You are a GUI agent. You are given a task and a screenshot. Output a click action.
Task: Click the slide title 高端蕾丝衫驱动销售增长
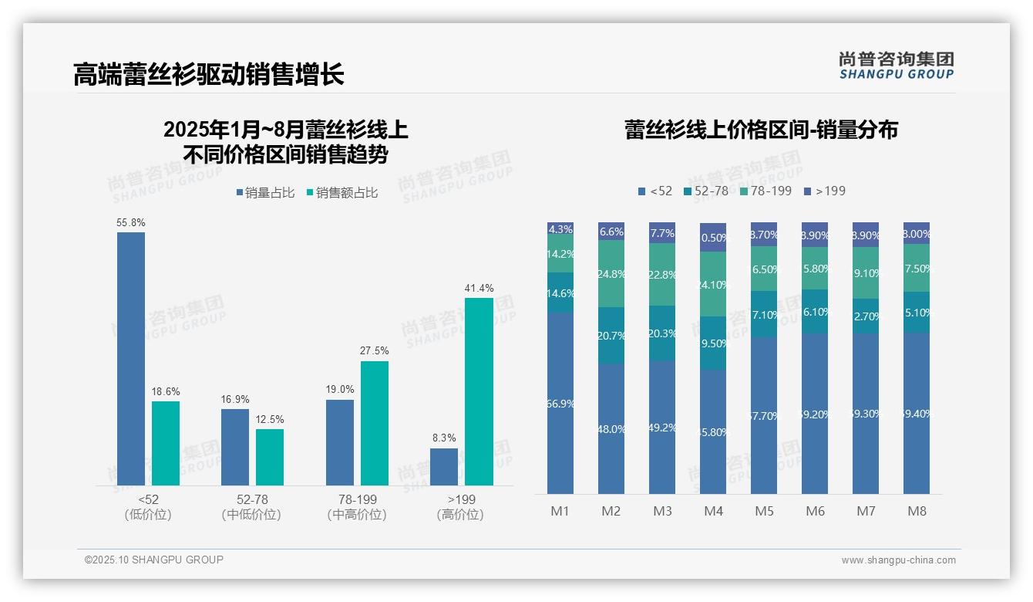(x=208, y=74)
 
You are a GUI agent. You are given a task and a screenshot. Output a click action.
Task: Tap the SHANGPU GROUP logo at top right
(x=896, y=65)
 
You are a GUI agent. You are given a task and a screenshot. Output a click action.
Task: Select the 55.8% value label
(x=131, y=222)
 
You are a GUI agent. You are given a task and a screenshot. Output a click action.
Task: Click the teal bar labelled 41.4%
(x=479, y=391)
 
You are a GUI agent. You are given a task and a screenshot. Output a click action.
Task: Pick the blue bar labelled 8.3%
(x=444, y=467)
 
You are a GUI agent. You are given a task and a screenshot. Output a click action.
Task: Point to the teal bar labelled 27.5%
(x=375, y=423)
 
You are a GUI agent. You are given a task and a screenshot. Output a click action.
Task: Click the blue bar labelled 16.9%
(x=235, y=447)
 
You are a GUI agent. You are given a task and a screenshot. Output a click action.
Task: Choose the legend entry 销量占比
(x=265, y=192)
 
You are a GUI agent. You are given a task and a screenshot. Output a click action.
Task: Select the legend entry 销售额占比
(x=342, y=192)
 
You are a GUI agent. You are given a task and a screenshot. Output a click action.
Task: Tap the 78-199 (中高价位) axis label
(x=356, y=507)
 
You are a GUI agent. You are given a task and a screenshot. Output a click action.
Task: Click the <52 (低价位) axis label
(x=147, y=507)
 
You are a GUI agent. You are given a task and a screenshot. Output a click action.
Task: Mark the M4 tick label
(x=713, y=511)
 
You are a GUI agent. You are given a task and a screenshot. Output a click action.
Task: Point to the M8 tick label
(x=917, y=511)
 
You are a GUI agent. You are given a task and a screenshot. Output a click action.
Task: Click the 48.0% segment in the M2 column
(x=611, y=429)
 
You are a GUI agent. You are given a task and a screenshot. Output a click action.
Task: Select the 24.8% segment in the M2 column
(x=611, y=273)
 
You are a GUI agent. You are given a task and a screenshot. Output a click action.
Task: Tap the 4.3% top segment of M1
(x=560, y=228)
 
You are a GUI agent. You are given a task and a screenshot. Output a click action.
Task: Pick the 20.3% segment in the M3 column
(x=662, y=333)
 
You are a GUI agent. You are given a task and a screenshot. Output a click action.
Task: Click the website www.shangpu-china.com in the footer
(x=898, y=560)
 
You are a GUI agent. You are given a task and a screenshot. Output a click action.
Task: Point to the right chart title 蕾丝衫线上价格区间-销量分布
(x=761, y=130)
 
